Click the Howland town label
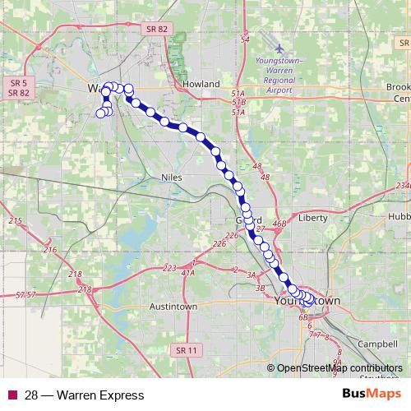point(201,84)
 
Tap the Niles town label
point(172,177)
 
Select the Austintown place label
point(172,307)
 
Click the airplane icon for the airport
point(280,50)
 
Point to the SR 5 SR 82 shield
point(19,88)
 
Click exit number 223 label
point(170,269)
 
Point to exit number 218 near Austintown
point(84,289)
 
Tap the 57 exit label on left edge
point(25,294)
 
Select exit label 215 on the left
point(15,221)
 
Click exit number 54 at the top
point(244,39)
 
